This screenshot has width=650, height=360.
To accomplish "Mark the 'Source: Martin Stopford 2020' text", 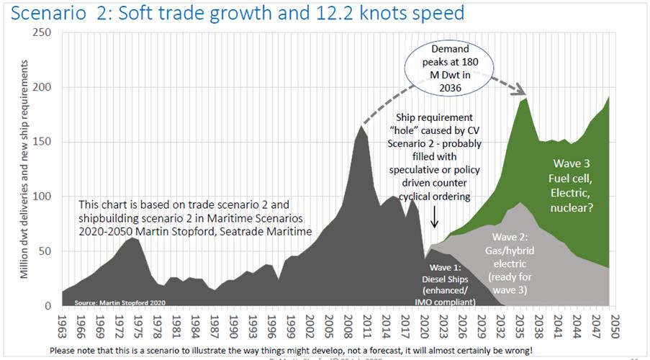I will [111, 302].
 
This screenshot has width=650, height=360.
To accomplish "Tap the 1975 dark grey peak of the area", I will [130, 238].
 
